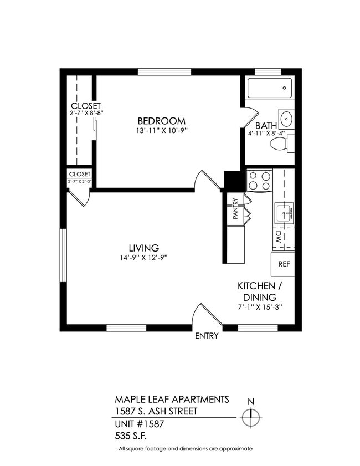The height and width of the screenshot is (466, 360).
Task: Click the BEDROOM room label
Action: click(x=161, y=121)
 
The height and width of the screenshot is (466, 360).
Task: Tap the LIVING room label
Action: click(x=144, y=248)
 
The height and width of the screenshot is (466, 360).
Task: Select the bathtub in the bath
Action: click(x=269, y=88)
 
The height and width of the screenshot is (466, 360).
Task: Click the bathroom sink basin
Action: click(x=286, y=119)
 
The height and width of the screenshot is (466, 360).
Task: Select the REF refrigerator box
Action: click(x=284, y=264)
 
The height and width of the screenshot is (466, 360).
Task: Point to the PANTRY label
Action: click(x=235, y=209)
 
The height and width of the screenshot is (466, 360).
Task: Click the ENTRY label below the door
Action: click(x=207, y=336)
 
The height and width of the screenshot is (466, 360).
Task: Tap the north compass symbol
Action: click(x=252, y=416)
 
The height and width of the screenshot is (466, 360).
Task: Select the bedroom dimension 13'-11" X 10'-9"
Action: click(x=161, y=132)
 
